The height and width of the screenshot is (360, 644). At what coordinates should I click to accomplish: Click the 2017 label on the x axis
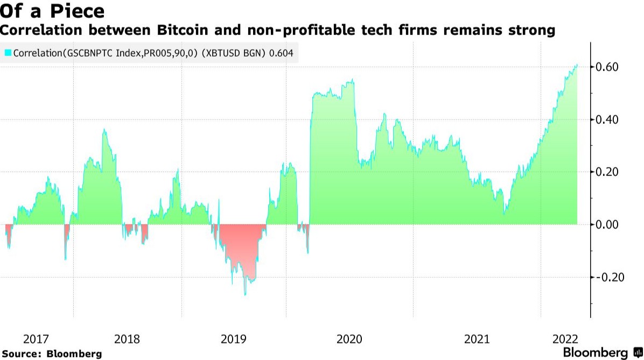point(37,339)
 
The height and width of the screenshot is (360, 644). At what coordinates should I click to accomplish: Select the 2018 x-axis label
point(128,339)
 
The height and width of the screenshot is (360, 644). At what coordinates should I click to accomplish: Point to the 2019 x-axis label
point(234,339)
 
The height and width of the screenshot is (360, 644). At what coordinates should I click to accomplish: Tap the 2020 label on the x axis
point(349,339)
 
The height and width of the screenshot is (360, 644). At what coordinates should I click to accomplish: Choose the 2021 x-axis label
point(477,339)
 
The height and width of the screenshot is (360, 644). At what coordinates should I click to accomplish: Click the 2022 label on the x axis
point(565,339)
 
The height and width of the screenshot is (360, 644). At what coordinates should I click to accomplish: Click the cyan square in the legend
point(8,53)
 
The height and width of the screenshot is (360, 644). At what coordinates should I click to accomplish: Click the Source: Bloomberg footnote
point(52,354)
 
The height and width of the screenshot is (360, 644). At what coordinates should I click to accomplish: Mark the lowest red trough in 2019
point(245,294)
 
